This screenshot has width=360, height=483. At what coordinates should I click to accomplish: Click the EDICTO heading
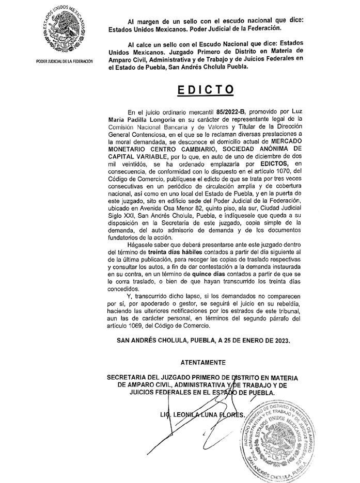[x=206, y=89]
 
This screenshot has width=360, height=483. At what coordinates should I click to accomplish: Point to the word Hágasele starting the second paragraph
[x=140, y=242]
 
